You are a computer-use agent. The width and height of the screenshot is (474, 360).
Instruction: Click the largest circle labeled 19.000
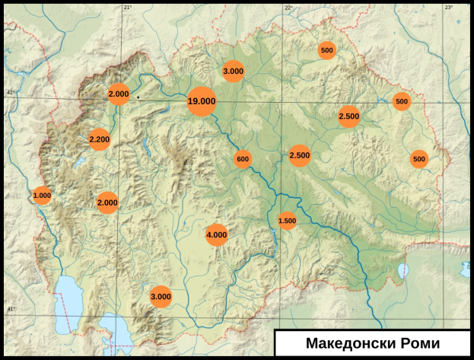[202, 101]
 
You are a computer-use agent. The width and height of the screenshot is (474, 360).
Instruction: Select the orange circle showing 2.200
[100, 139]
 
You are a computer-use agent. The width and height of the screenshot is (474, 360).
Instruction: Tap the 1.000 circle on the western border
[42, 196]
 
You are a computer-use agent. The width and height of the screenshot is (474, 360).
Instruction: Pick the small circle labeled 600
[243, 159]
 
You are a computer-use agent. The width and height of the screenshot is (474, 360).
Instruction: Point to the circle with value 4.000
[217, 235]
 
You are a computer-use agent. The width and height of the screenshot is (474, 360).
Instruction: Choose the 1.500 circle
[287, 221]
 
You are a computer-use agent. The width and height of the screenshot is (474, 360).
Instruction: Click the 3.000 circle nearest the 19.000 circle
[233, 71]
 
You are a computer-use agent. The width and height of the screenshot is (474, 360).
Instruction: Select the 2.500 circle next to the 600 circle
[300, 155]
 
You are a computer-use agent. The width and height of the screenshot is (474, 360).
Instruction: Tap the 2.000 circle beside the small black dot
[119, 94]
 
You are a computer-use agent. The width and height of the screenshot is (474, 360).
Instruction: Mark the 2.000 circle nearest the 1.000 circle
[107, 202]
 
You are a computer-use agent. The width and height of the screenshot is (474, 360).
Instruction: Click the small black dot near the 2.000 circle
[138, 97]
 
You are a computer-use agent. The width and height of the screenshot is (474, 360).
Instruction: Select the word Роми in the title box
[417, 342]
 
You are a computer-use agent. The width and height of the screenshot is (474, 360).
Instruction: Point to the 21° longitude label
[127, 7]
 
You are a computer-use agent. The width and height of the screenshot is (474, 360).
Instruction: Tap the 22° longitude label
[288, 7]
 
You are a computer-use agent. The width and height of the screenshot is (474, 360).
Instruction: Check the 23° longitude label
[448, 7]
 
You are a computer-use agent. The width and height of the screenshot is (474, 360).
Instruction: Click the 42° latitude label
[10, 93]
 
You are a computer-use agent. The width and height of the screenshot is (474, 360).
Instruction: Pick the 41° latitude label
[10, 309]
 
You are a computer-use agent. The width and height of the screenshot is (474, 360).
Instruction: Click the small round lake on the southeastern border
[403, 270]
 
